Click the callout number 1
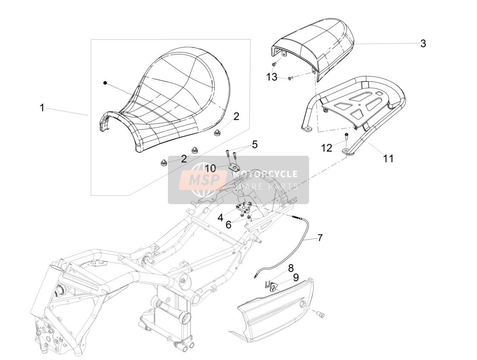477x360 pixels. (x=43, y=108)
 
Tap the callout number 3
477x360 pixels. (x=423, y=43)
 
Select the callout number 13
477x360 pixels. (x=272, y=77)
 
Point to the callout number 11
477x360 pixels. (x=388, y=158)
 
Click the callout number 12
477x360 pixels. (x=327, y=148)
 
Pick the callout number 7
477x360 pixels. (x=320, y=237)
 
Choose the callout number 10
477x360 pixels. (x=210, y=168)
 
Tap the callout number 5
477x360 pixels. (x=255, y=144)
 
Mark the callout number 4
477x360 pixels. (x=220, y=217)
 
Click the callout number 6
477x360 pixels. (x=228, y=225)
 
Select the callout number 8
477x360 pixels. (x=291, y=268)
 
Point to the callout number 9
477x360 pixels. (x=296, y=277)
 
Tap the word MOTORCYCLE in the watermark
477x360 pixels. (x=265, y=174)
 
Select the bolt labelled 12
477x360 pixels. (x=346, y=137)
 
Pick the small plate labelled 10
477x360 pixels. (x=234, y=167)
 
